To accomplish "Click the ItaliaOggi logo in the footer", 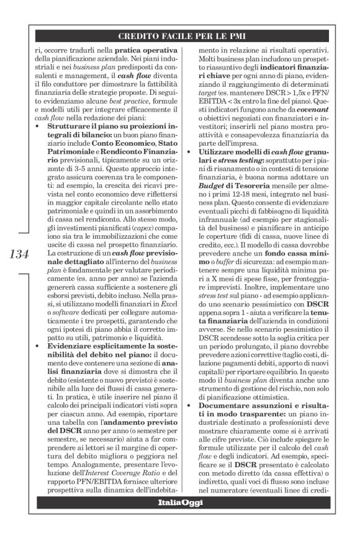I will click(179, 502).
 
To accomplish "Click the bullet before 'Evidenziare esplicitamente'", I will click(37, 345).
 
